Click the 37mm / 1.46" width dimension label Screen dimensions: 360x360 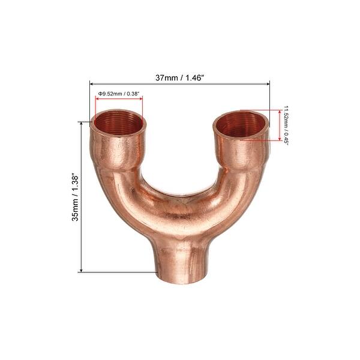(180, 77)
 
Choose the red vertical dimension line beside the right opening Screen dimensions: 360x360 (280, 125)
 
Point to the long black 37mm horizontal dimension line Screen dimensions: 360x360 (180, 83)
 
